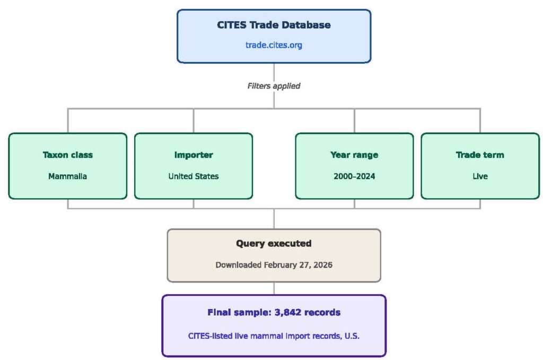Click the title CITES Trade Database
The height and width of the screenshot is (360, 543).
pyautogui.click(x=274, y=25)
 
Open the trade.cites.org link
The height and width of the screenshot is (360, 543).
pyautogui.click(x=274, y=45)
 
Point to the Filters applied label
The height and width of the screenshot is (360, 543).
pyautogui.click(x=274, y=86)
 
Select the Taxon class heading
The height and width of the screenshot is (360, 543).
pyautogui.click(x=68, y=155)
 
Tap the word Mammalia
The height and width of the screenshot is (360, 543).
pyautogui.click(x=68, y=176)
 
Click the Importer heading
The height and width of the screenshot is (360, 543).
pyautogui.click(x=194, y=155)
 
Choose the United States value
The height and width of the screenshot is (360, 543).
pyautogui.click(x=194, y=176)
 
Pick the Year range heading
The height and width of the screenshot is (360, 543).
pyautogui.click(x=354, y=155)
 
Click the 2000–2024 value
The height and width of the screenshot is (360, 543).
pyautogui.click(x=354, y=176)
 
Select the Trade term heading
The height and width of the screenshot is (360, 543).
pyautogui.click(x=480, y=155)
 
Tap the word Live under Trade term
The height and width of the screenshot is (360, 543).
pyautogui.click(x=480, y=176)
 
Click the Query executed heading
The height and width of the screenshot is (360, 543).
pyautogui.click(x=274, y=243)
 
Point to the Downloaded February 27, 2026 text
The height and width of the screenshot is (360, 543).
pyautogui.click(x=274, y=265)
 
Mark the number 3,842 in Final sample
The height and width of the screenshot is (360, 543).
pyautogui.click(x=287, y=313)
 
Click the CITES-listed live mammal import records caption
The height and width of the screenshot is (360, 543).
pyautogui.click(x=274, y=336)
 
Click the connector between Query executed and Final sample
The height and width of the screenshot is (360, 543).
pyautogui.click(x=274, y=288)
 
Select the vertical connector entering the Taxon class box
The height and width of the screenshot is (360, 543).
pyautogui.click(x=68, y=121)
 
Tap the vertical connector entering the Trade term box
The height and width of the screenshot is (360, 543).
pyautogui.click(x=480, y=121)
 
